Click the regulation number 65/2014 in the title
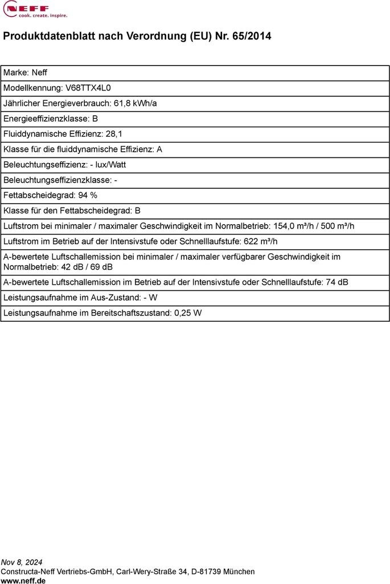pos(252,36)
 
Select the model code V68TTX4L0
pos(88,88)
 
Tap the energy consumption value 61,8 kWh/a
pos(136,103)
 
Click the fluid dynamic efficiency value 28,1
pos(114,134)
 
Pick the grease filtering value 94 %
pos(87,195)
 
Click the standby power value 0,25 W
pos(188,313)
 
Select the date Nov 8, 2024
pos(22,562)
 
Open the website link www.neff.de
pos(23,580)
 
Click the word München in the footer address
pos(239,571)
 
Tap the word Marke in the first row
pos(15,72)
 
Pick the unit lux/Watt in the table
pos(111,164)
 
